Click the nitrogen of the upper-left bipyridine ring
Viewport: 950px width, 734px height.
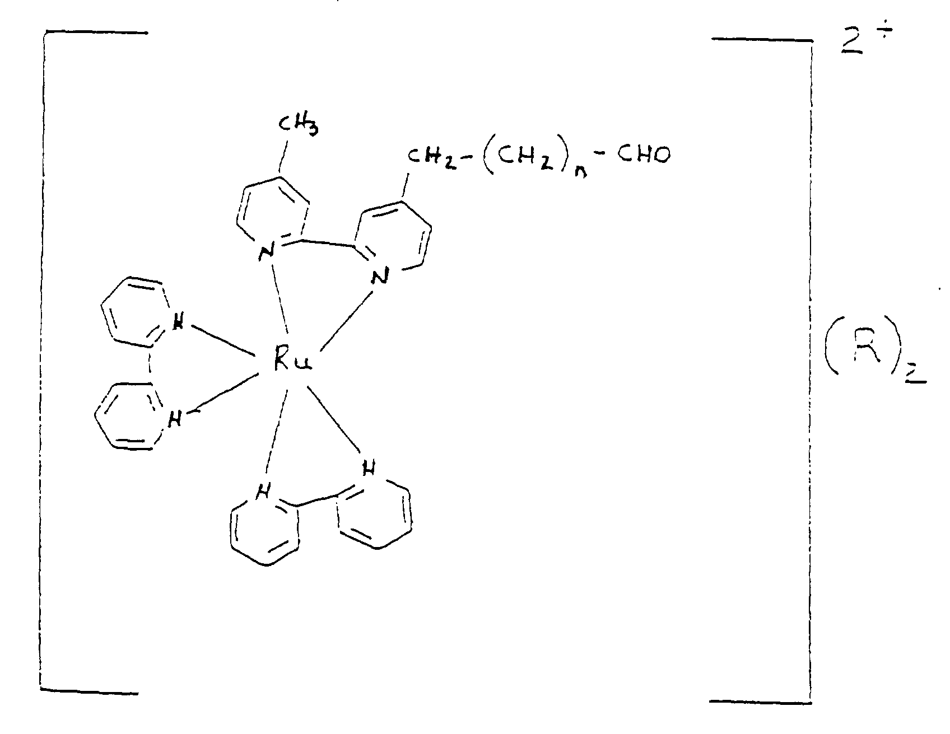tap(178, 324)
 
